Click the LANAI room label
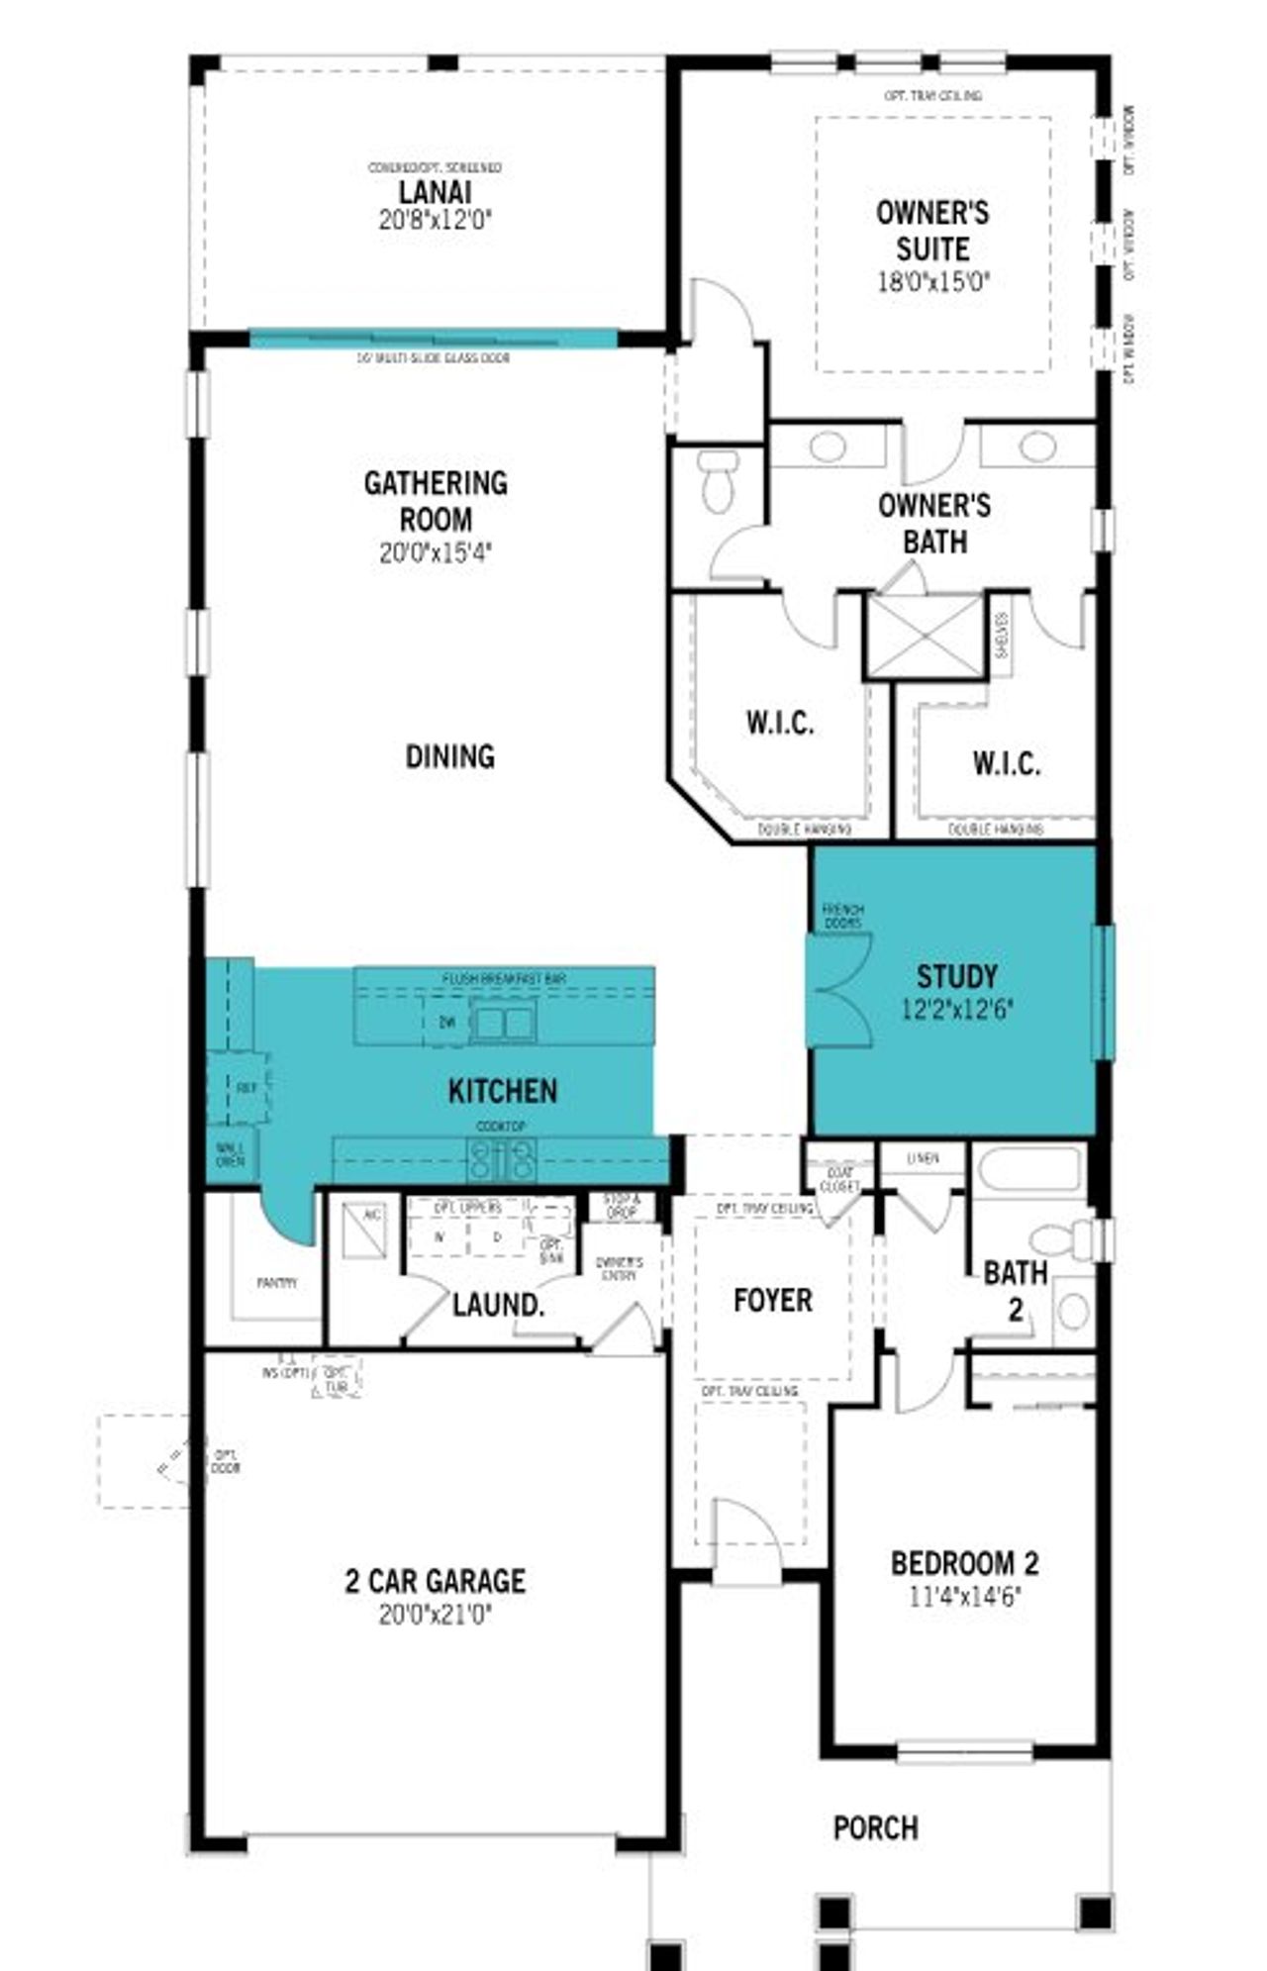[435, 192]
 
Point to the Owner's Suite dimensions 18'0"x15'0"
[933, 282]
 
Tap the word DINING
[449, 757]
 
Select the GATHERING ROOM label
[436, 501]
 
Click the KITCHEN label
[503, 1092]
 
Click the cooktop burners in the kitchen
[502, 1158]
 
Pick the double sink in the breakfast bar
[503, 1022]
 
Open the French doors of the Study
[839, 990]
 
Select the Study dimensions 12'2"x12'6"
[957, 1011]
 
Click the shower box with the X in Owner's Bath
[926, 636]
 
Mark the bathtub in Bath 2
[1029, 1174]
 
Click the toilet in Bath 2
[1059, 1239]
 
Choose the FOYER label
[773, 1301]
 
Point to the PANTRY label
[277, 1283]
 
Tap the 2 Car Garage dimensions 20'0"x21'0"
[436, 1616]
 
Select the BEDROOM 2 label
[965, 1564]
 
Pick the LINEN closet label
[923, 1157]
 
